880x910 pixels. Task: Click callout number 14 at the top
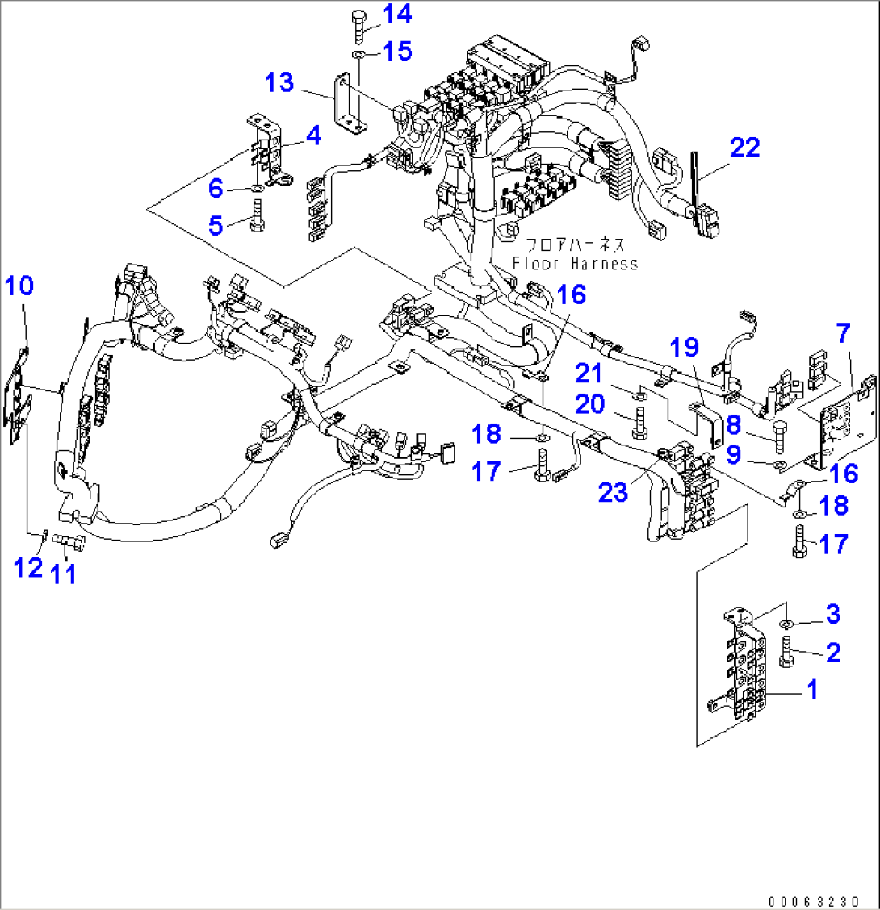pyautogui.click(x=396, y=14)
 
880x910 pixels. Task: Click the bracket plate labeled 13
pyautogui.click(x=349, y=102)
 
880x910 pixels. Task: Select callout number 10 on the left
pyautogui.click(x=21, y=286)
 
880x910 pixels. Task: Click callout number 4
pyautogui.click(x=313, y=136)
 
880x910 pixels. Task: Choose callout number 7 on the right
pyautogui.click(x=844, y=332)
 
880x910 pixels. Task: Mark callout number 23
pyautogui.click(x=613, y=493)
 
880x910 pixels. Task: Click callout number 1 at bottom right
pyautogui.click(x=813, y=689)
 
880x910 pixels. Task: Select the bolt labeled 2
pyautogui.click(x=787, y=649)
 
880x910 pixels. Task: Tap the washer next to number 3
pyautogui.click(x=787, y=625)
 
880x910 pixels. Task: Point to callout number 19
pyautogui.click(x=685, y=349)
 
